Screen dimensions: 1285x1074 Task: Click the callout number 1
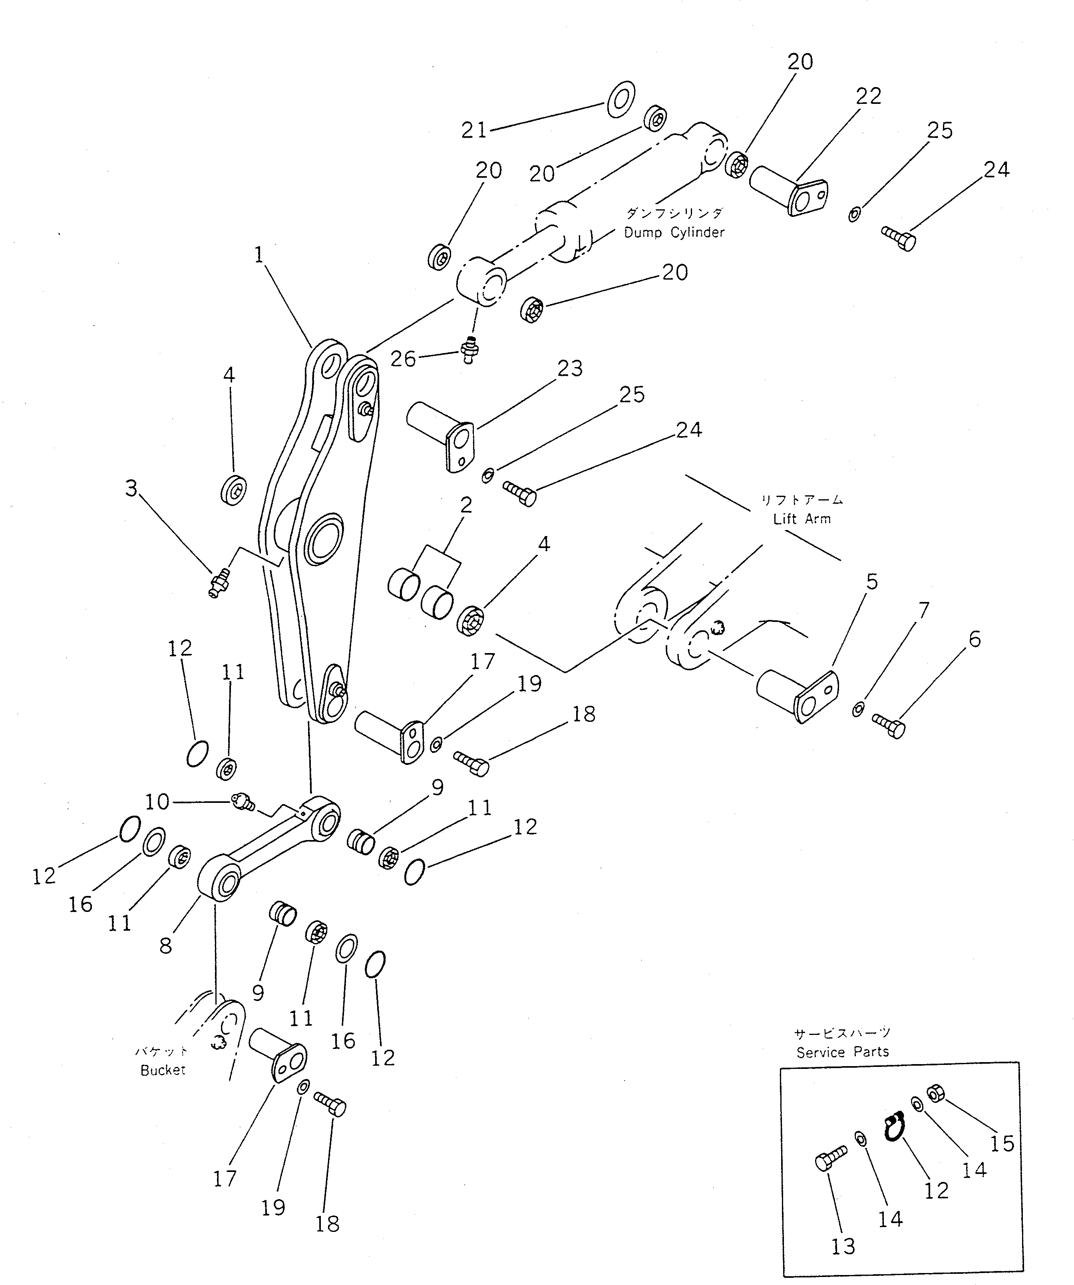(259, 254)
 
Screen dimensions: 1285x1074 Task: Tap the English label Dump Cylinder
(674, 232)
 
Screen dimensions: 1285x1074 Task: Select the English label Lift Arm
(802, 519)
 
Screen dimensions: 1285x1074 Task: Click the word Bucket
(162, 1070)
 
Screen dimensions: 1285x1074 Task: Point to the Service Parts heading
(843, 1052)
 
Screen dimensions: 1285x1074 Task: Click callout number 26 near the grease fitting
(403, 359)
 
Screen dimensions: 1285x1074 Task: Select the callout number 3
(131, 488)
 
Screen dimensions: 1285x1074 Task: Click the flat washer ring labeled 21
(621, 99)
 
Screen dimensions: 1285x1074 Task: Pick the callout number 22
(868, 96)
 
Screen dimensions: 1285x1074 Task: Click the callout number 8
(166, 946)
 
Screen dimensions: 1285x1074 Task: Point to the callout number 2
(466, 505)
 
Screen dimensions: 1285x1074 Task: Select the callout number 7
(923, 610)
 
